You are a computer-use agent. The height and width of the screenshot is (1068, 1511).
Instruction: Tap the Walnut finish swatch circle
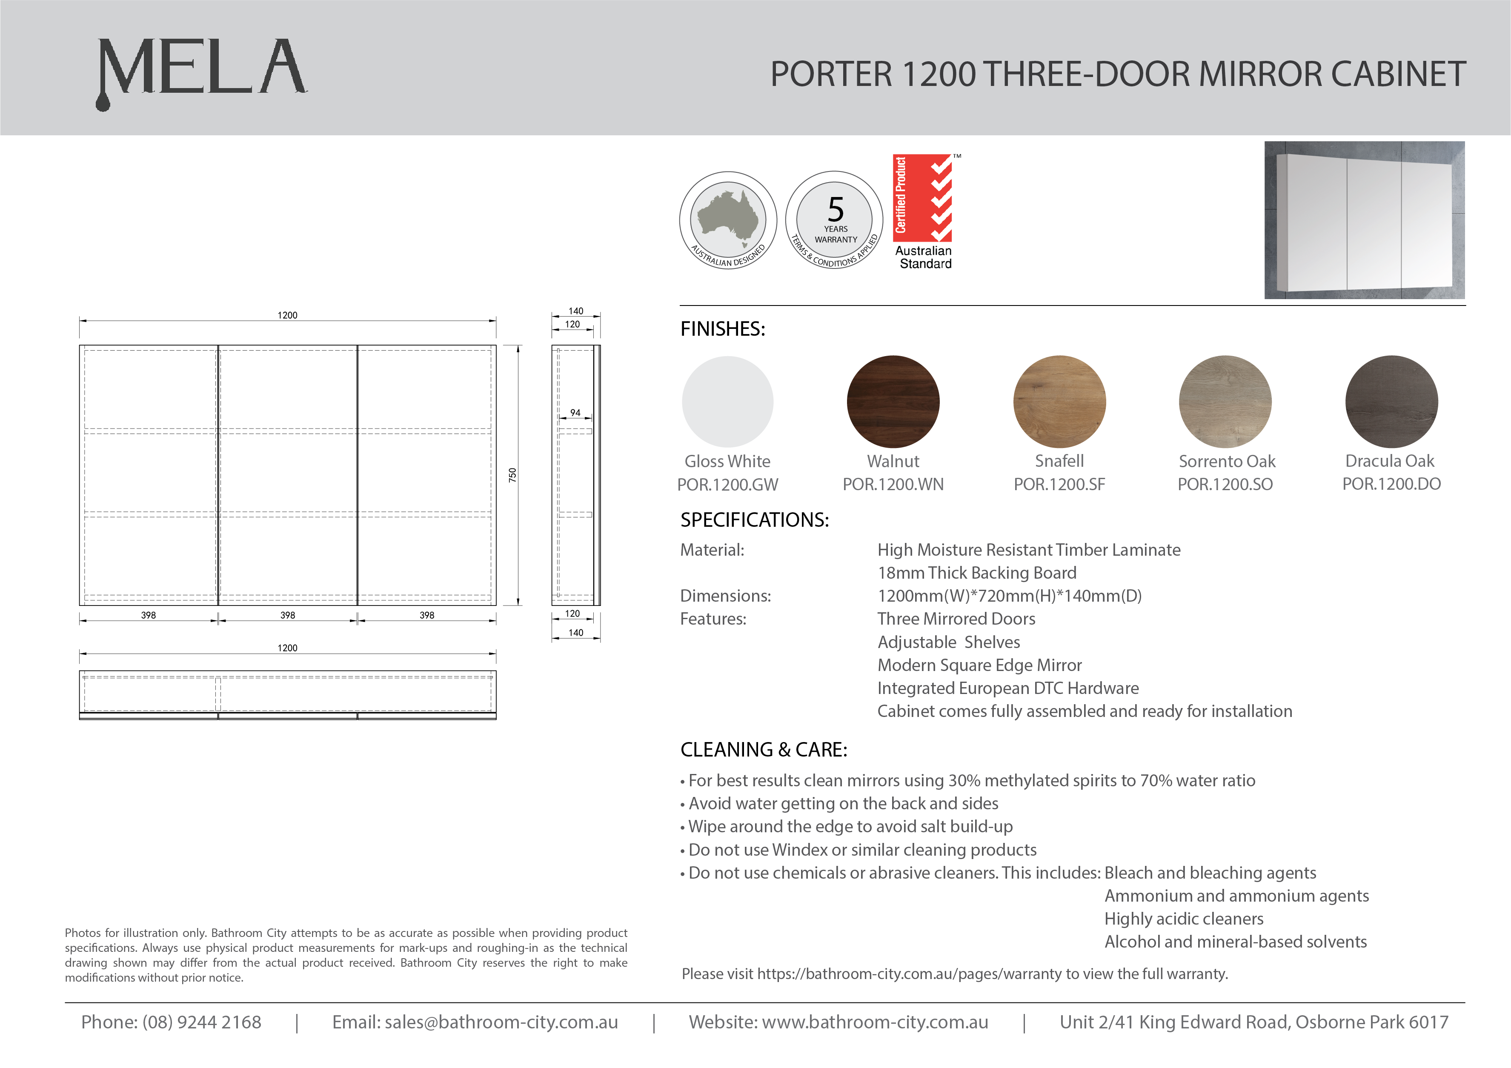[x=893, y=401]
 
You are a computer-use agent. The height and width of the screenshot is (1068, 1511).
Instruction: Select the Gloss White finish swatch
[x=727, y=401]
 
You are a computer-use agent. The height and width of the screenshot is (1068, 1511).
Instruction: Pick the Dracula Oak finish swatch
[x=1391, y=401]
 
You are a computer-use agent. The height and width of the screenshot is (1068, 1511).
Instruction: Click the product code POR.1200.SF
[x=1059, y=484]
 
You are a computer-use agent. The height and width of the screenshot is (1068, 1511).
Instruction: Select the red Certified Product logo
[x=923, y=197]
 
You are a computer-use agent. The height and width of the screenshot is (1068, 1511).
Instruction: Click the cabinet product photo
[x=1364, y=220]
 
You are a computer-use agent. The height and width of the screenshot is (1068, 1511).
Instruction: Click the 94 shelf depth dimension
[x=575, y=413]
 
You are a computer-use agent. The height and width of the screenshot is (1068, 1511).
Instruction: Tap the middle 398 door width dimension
[x=288, y=615]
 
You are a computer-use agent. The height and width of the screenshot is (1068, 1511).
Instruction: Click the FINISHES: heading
[x=723, y=328]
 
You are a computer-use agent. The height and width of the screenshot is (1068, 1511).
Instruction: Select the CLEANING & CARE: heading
[x=764, y=749]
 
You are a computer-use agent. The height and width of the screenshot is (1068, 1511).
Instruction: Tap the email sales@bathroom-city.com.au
[x=501, y=1022]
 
